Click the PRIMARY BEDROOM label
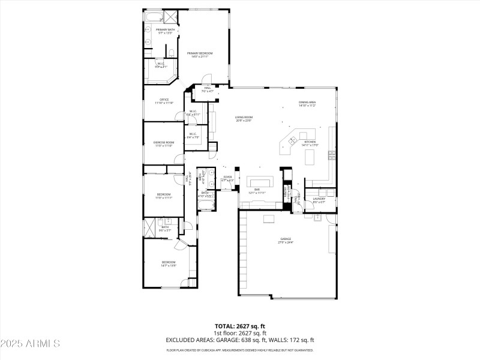pos(200,53)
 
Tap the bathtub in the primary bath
pos(152,17)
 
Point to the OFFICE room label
pos(164,100)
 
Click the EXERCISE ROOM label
pos(163,142)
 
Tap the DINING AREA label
pos(307,103)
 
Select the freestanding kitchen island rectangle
pos(310,157)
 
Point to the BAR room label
pos(256,190)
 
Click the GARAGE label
pos(285,239)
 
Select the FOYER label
pos(227,177)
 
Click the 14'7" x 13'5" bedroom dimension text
pos(168,265)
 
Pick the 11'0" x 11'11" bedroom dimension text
pos(164,197)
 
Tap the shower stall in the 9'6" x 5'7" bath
pos(150,227)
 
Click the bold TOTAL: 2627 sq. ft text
pos(240,326)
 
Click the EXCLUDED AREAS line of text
pos(240,340)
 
